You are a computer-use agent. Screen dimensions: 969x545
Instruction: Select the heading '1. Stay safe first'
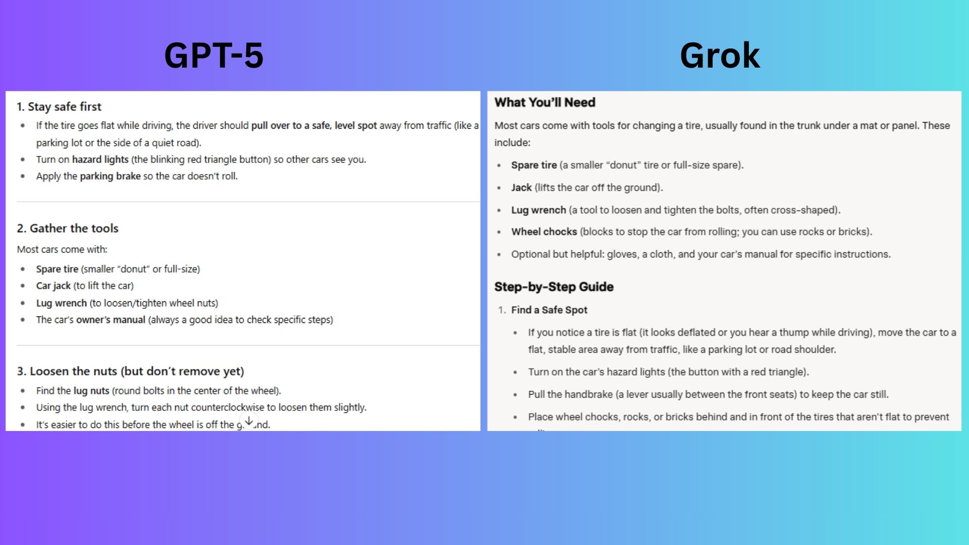[x=59, y=106]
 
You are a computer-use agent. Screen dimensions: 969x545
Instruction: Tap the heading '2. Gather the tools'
[x=68, y=228]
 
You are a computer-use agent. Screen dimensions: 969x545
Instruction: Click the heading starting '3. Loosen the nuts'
[x=130, y=371]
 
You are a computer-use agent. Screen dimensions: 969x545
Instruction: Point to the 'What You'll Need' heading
[x=545, y=102]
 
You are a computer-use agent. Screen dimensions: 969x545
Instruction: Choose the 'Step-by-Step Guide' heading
[x=554, y=287]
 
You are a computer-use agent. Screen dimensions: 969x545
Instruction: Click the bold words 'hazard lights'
[x=100, y=159]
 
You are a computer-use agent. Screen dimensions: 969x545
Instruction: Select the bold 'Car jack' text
[x=53, y=286]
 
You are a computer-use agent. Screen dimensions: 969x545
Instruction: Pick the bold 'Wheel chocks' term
[x=544, y=232]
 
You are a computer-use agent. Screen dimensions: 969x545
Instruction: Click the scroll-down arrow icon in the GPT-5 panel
[x=249, y=420]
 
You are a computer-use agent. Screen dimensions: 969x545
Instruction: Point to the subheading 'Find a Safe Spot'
[x=549, y=310]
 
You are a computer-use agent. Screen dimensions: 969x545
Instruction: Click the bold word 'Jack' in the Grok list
[x=521, y=188]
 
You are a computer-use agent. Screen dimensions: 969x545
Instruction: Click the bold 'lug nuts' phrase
[x=91, y=391]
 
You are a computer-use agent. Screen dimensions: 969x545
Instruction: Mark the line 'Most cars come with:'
[x=62, y=249]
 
